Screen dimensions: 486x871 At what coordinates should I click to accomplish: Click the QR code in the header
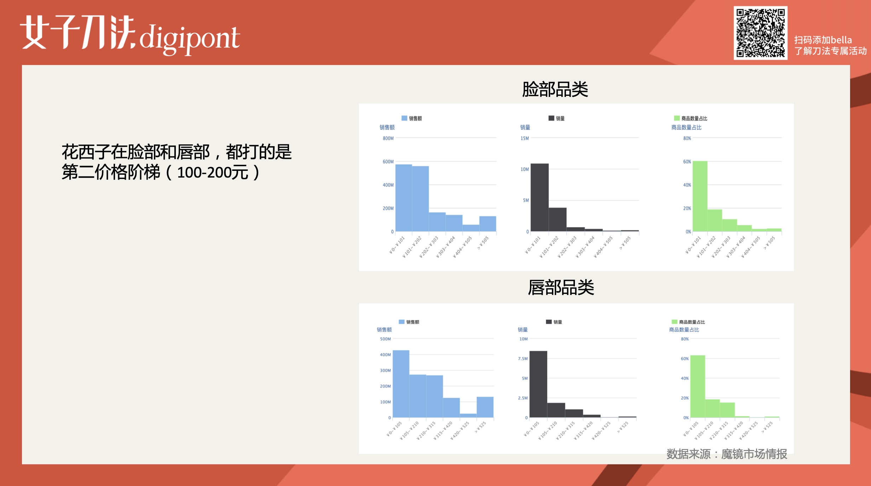click(x=760, y=33)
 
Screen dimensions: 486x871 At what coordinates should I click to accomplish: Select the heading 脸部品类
click(x=555, y=89)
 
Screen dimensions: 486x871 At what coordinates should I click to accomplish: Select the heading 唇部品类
click(x=561, y=287)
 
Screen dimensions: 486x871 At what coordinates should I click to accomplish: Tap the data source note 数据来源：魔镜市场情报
click(x=727, y=454)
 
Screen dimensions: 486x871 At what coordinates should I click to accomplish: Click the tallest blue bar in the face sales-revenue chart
click(x=404, y=198)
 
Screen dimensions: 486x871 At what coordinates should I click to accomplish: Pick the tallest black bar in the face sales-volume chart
click(x=540, y=197)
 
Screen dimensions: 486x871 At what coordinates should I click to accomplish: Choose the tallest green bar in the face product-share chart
click(x=700, y=196)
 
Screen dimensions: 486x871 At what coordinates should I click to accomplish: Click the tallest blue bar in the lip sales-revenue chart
click(x=401, y=384)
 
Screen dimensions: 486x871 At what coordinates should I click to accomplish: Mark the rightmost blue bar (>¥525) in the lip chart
click(x=485, y=407)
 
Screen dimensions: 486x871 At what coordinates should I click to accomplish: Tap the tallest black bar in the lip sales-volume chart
click(x=538, y=384)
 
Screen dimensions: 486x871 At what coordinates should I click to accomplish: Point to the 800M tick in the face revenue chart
click(x=388, y=138)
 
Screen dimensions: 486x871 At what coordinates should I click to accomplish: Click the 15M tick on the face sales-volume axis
click(x=525, y=138)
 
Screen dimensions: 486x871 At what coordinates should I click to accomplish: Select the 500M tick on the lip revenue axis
click(x=385, y=339)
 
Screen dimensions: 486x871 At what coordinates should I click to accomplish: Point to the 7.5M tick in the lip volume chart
click(x=523, y=359)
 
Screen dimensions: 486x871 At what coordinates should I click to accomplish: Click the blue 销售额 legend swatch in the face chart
click(x=404, y=118)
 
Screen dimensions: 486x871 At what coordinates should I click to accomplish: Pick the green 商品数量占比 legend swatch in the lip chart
click(x=674, y=322)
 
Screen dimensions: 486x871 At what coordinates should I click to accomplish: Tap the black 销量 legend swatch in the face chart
click(x=551, y=118)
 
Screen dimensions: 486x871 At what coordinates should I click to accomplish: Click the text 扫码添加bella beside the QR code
click(x=823, y=40)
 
